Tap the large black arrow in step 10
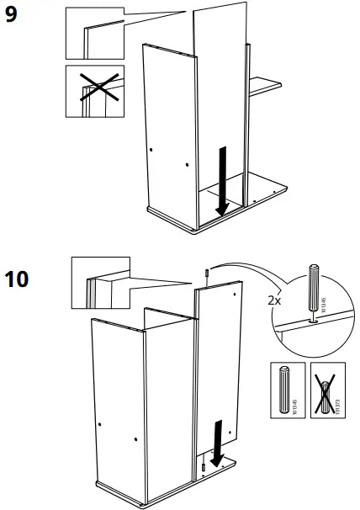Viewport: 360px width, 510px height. [218, 443]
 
